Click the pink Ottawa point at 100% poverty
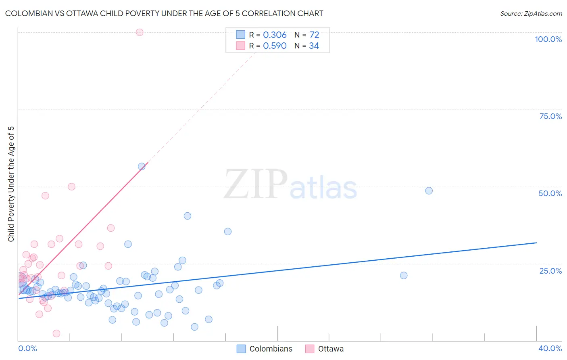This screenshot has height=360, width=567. click(140, 32)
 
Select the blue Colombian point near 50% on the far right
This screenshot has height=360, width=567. click(429, 190)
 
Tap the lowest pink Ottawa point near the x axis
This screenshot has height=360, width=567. click(56, 333)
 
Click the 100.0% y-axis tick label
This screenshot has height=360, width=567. click(548, 39)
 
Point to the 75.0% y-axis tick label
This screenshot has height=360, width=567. click(550, 116)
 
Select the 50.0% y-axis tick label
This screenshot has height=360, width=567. click(550, 193)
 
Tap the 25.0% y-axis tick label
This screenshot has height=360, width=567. click(550, 270)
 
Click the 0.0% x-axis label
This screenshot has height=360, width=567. click(27, 348)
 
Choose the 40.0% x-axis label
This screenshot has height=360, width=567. click(550, 348)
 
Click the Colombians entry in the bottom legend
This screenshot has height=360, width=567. click(271, 349)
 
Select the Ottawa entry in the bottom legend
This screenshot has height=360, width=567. click(331, 349)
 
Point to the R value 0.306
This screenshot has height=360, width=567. click(275, 35)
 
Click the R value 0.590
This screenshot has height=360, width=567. click(275, 46)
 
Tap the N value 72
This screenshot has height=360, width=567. click(314, 35)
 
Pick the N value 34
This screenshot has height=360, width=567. click(314, 46)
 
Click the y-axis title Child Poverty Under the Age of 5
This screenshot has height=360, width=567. click(11, 184)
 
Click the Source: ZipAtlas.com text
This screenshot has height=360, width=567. click(531, 14)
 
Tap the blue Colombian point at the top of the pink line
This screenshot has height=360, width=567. click(142, 166)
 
